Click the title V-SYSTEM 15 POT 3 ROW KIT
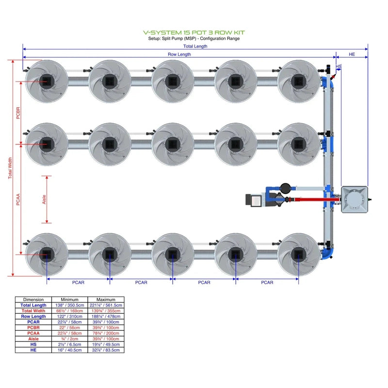point(194,32)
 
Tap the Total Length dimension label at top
point(195,47)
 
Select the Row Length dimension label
point(179,55)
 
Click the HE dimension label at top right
point(352,55)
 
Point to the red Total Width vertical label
point(10,168)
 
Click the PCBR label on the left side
point(18,113)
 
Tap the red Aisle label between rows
point(44,199)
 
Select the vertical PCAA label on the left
point(18,199)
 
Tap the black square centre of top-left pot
point(47,81)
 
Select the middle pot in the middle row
point(172,144)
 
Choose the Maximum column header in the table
point(106,300)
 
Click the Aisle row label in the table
point(34,339)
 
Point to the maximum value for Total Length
point(106,306)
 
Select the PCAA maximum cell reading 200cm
point(106,333)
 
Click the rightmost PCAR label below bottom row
point(267,282)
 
